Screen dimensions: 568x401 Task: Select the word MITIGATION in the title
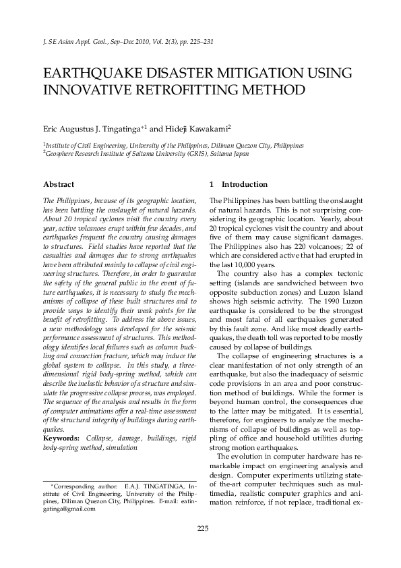coord(271,74)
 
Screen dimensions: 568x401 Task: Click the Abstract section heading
coord(59,184)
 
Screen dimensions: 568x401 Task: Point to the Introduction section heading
coord(244,184)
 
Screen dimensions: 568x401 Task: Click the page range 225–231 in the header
coord(201,42)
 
